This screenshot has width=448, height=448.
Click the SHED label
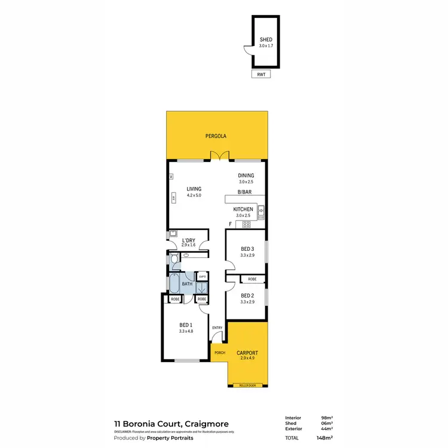[x=266, y=39]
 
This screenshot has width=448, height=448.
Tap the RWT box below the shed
[x=261, y=74]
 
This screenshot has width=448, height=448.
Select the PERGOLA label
[x=216, y=136]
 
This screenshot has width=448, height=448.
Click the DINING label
[x=246, y=176]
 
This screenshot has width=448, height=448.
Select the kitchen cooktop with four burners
[x=246, y=225]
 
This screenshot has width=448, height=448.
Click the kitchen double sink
[x=261, y=210]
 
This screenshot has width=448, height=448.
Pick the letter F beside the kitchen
[x=230, y=224]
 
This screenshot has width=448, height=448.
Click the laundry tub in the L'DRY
[x=173, y=234]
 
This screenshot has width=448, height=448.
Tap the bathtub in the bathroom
[x=174, y=283]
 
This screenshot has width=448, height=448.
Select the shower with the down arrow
[x=201, y=286]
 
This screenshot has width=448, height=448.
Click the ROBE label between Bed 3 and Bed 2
[x=252, y=279]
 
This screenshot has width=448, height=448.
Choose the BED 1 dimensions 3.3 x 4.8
[x=186, y=331]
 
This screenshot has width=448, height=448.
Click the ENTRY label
[x=217, y=327]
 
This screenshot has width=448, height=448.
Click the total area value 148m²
[x=324, y=438]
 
